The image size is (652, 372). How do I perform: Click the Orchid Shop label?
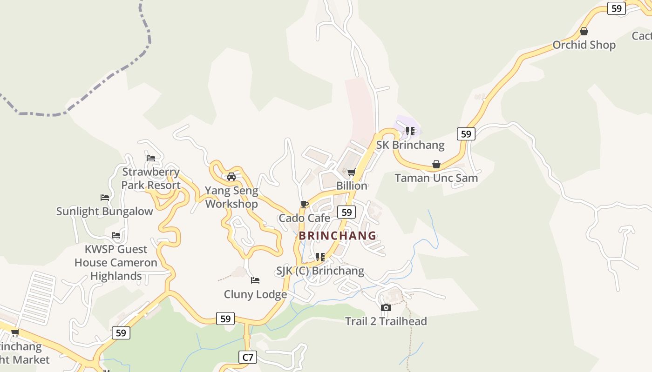[x=584, y=45]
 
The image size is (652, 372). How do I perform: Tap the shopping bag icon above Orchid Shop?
[x=584, y=31]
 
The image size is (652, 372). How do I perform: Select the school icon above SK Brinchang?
[x=410, y=131]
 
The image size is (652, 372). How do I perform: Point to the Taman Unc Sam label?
[x=436, y=178]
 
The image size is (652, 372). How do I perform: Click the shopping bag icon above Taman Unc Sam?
[x=436, y=164]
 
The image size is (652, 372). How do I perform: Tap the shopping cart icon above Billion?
[x=352, y=172]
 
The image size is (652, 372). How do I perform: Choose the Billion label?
[x=352, y=186]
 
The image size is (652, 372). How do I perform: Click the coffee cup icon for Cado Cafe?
[x=305, y=204]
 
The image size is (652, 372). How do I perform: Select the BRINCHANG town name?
[x=338, y=236]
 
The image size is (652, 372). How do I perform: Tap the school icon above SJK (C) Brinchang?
[x=320, y=257]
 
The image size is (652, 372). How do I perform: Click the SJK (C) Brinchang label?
[x=320, y=271]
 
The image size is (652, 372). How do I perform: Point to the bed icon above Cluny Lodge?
[x=255, y=280]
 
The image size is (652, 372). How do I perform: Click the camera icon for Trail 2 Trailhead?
[x=386, y=307]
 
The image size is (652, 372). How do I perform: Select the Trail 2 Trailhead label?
[x=386, y=321]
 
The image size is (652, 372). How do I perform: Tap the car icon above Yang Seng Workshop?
[x=231, y=177]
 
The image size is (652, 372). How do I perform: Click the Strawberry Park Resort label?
[x=151, y=179]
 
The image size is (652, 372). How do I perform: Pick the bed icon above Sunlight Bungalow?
[x=105, y=198]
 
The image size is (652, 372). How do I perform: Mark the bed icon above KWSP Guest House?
[x=116, y=235]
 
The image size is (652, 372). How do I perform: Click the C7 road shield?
[x=248, y=357]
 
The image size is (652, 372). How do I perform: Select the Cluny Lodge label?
[x=255, y=294]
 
